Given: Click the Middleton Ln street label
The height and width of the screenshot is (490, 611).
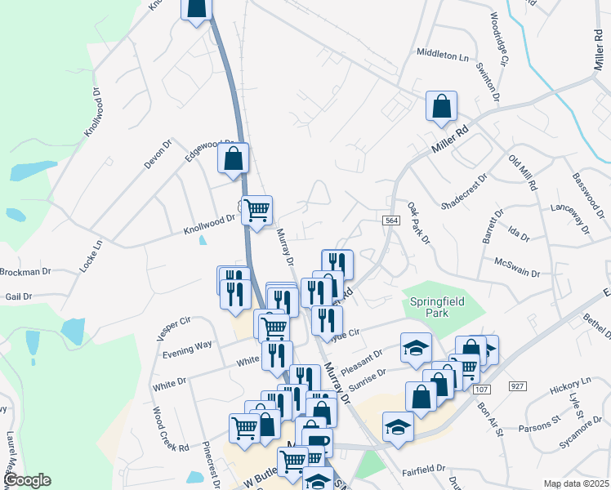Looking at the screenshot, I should tap(444, 57).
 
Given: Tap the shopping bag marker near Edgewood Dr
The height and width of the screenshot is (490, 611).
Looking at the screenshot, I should tap(233, 158).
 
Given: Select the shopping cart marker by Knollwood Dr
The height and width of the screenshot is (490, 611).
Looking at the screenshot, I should tap(256, 211).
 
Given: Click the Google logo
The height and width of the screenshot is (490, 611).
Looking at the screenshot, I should tap(26, 480).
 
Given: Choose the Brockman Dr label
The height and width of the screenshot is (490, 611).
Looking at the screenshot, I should tap(25, 271).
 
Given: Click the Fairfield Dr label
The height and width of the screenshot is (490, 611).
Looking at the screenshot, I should tap(423, 470).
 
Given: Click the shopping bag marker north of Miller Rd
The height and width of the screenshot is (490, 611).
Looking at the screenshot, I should tap(441, 105).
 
